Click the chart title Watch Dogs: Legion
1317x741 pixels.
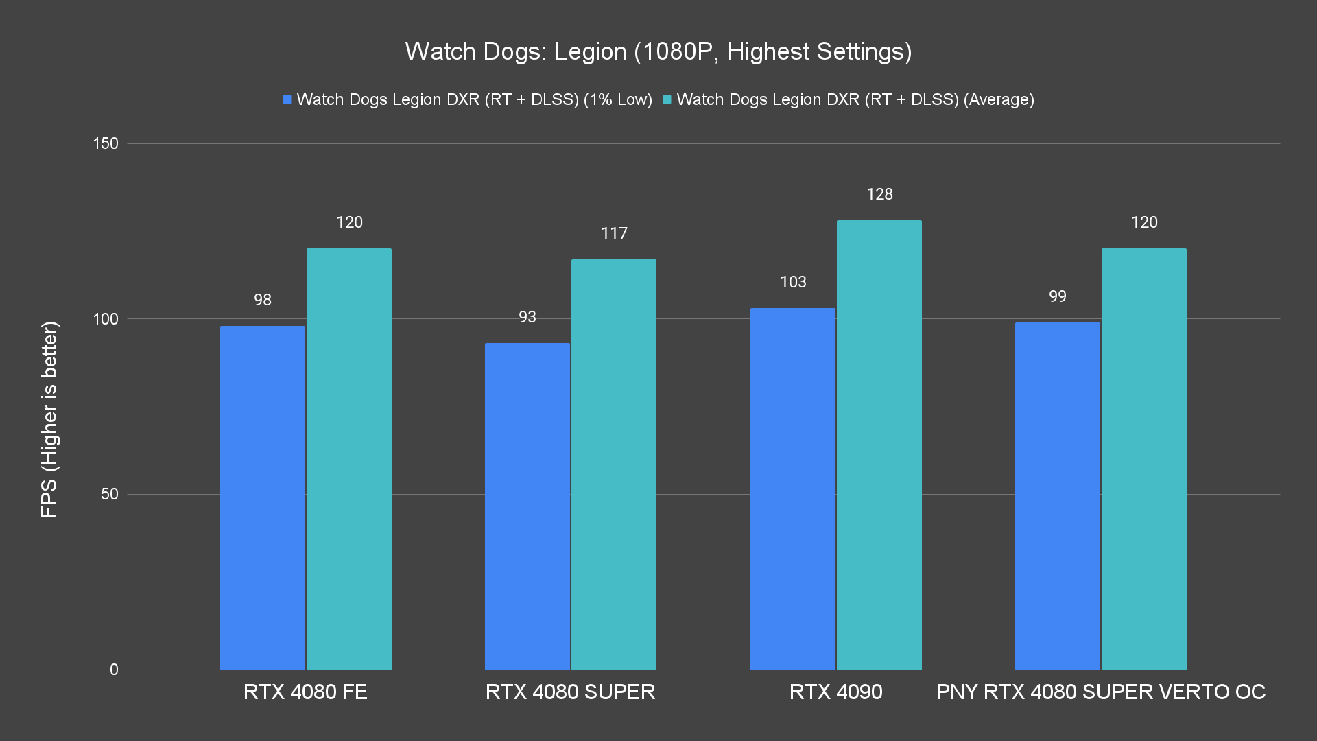(658, 51)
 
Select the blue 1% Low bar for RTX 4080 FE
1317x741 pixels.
(263, 497)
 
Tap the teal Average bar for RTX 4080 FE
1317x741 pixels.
(349, 459)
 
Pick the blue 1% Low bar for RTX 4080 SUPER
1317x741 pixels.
(527, 506)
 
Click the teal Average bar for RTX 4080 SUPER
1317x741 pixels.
(614, 464)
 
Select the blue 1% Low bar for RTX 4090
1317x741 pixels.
(793, 489)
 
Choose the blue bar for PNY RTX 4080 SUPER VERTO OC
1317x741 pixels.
(1058, 496)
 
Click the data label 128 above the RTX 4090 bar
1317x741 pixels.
(879, 194)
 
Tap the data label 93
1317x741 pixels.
(527, 317)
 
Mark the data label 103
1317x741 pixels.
(793, 282)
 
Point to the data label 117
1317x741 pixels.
(614, 233)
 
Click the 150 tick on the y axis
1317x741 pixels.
(106, 143)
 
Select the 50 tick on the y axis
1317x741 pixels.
(110, 494)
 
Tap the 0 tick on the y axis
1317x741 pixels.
(114, 670)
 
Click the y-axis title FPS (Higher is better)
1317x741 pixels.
(49, 419)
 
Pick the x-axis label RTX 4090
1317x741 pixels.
(835, 692)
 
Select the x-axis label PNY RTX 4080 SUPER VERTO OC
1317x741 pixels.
(1100, 692)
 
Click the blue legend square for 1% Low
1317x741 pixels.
(287, 99)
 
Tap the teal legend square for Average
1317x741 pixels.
(667, 99)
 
